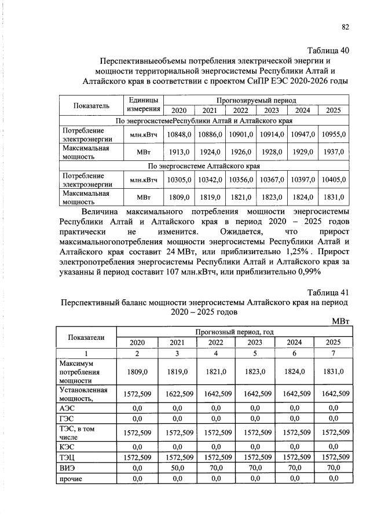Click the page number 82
(x=345, y=27)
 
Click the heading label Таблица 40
(x=327, y=50)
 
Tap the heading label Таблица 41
(x=328, y=291)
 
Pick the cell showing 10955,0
(x=334, y=134)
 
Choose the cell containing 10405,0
(x=334, y=180)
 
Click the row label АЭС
(x=68, y=408)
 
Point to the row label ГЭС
(x=68, y=419)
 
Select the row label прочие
(x=71, y=478)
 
